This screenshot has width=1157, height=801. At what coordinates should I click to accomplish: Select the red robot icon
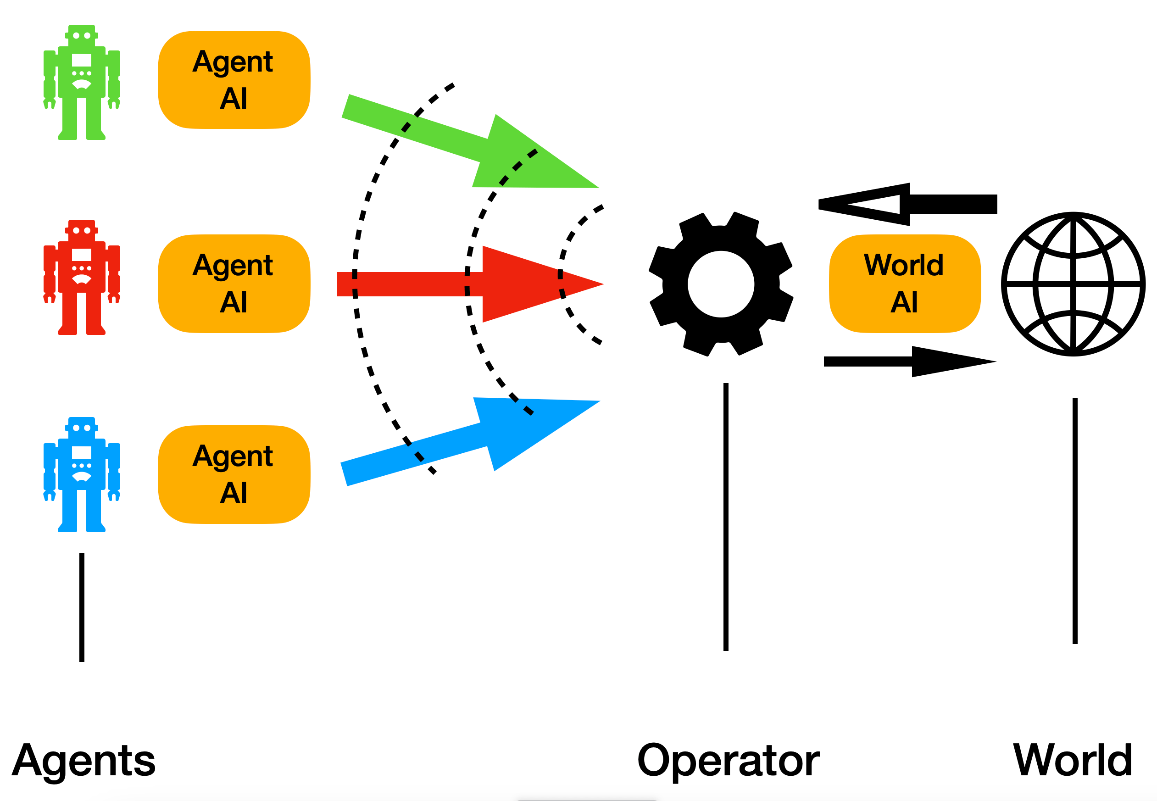click(x=81, y=277)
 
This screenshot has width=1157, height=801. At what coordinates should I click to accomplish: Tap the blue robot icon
click(x=81, y=474)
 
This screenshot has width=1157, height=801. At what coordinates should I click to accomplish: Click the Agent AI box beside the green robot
click(x=234, y=80)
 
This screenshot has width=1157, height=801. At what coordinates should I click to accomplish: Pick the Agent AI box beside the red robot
click(x=234, y=284)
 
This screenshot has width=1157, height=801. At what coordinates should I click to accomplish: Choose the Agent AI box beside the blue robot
click(x=234, y=475)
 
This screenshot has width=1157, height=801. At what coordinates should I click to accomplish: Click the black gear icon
click(x=721, y=284)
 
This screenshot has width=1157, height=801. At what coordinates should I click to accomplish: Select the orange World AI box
click(x=904, y=284)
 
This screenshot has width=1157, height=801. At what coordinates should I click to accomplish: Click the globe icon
click(x=1073, y=284)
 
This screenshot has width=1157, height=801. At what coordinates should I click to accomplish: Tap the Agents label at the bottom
click(x=84, y=760)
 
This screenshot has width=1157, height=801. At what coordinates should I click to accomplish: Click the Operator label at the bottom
click(x=728, y=760)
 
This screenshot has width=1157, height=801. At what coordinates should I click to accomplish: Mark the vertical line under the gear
click(x=725, y=517)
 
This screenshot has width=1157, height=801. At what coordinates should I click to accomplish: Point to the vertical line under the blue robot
click(x=82, y=607)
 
